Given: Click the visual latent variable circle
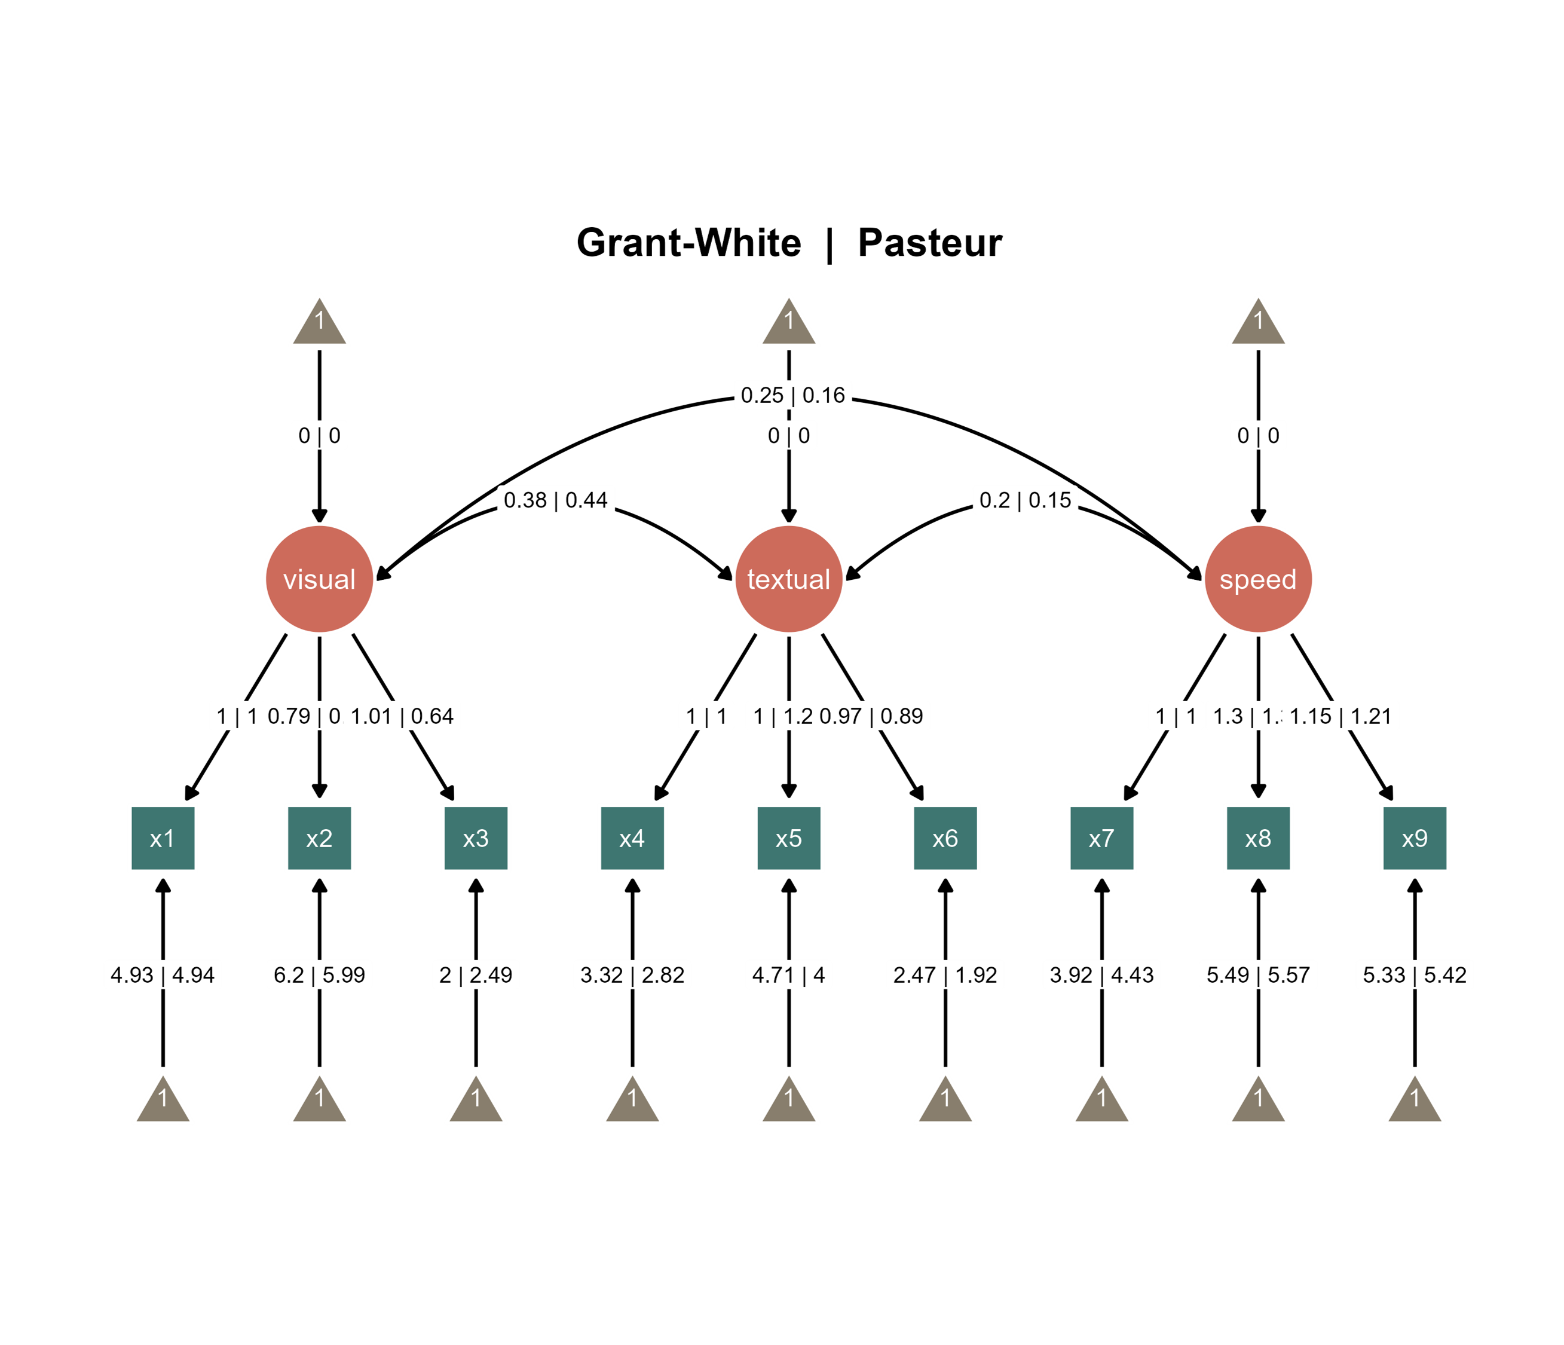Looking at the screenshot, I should [x=319, y=579].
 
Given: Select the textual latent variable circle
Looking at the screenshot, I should [x=789, y=579].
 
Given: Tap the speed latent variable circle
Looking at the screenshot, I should [x=1258, y=579].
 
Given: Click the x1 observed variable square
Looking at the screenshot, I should [x=163, y=838].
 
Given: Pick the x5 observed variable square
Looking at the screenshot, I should [x=789, y=838].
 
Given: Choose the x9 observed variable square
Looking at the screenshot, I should [x=1415, y=838].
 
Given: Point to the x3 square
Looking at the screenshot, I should [x=476, y=838].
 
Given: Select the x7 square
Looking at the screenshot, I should [x=1101, y=838].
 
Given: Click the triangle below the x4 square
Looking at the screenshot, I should [x=632, y=1102].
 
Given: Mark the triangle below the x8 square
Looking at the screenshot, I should [x=1258, y=1102].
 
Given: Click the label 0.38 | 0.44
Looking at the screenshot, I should [x=556, y=500].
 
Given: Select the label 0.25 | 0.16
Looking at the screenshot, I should [x=792, y=395].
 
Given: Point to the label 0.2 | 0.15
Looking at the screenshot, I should [x=1025, y=500].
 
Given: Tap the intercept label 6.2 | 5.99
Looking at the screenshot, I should [x=319, y=975].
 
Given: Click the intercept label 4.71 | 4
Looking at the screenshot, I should [x=789, y=975].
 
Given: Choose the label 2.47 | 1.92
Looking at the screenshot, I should [x=945, y=975].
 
